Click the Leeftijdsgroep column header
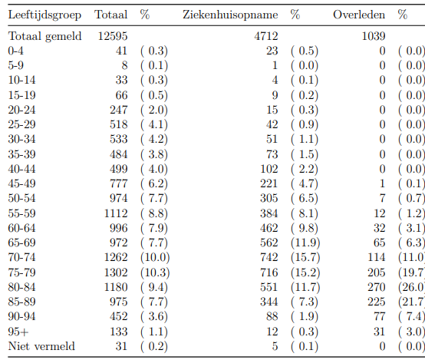pyautogui.click(x=44, y=15)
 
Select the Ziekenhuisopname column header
pyautogui.click(x=230, y=15)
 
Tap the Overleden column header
pyautogui.click(x=359, y=15)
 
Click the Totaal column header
pyautogui.click(x=111, y=15)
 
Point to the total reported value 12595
pyautogui.click(x=113, y=36)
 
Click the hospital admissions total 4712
pyautogui.click(x=266, y=36)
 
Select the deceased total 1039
pyautogui.click(x=374, y=36)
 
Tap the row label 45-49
pyautogui.click(x=21, y=183)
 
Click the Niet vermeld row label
pyautogui.click(x=41, y=346)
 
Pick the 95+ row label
pyautogui.click(x=18, y=332)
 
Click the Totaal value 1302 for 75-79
pyautogui.click(x=116, y=272)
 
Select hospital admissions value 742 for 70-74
pyautogui.click(x=269, y=257)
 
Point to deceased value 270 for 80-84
pyautogui.click(x=376, y=287)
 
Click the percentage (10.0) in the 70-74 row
pyautogui.click(x=155, y=257)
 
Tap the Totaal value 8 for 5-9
pyautogui.click(x=124, y=65)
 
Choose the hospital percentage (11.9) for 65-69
pyautogui.click(x=305, y=243)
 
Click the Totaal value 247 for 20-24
pyautogui.click(x=118, y=110)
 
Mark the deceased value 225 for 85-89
pyautogui.click(x=376, y=302)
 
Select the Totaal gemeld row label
pyautogui.click(x=44, y=36)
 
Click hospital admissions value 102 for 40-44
pyautogui.click(x=269, y=169)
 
